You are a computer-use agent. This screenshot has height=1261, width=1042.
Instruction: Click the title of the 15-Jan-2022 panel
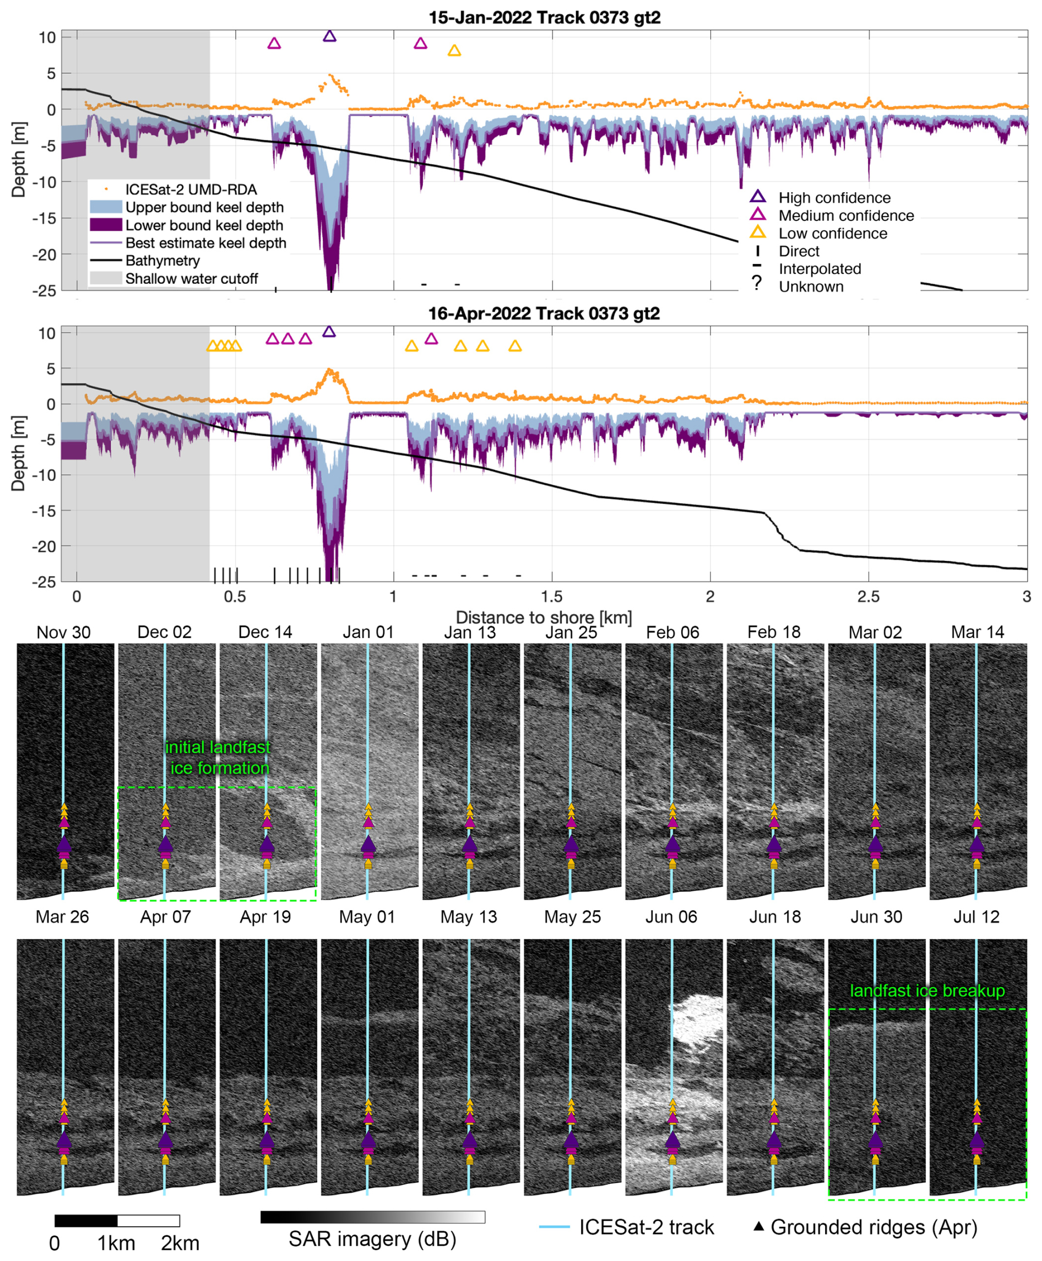point(545,18)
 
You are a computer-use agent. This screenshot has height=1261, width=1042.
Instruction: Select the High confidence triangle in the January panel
point(329,36)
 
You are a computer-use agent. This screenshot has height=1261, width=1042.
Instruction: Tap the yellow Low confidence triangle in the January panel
point(454,51)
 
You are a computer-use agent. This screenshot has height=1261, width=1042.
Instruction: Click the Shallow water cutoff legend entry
point(174,279)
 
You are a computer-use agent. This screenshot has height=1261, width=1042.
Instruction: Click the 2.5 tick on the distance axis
point(869,596)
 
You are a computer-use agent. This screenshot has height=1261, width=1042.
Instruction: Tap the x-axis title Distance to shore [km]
point(544,618)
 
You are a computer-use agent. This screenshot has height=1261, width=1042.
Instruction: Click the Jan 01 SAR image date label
point(368,632)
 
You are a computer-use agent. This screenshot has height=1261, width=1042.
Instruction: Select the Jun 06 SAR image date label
point(672,917)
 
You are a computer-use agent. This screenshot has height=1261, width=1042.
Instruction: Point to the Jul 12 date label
point(976,917)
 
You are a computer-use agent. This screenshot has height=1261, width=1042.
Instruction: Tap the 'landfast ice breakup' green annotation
point(927,991)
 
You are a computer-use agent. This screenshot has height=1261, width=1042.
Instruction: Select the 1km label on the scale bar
point(116,1243)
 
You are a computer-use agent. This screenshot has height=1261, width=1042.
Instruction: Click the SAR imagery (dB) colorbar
point(373,1217)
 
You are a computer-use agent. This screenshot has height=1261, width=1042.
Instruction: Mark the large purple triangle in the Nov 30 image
point(64,843)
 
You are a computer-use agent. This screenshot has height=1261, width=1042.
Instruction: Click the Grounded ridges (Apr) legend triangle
point(759,1226)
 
